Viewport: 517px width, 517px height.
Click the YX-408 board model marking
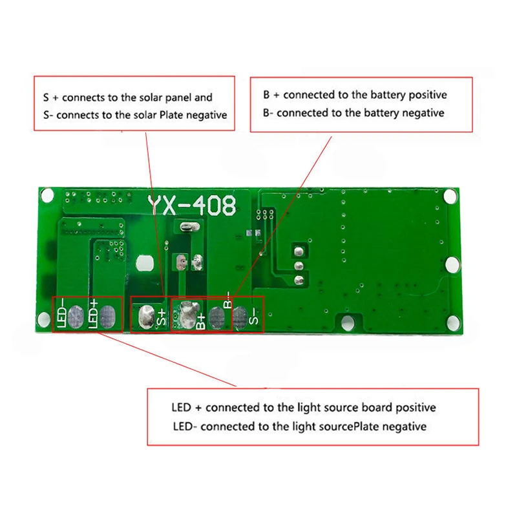click(x=192, y=206)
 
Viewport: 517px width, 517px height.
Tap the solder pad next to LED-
click(x=76, y=317)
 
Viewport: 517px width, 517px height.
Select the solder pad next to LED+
click(x=107, y=317)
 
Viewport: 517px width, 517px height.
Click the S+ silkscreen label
click(x=162, y=317)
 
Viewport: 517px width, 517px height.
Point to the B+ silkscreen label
click(x=200, y=321)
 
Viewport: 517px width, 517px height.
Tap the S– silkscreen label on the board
click(x=253, y=316)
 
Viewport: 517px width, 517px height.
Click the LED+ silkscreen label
click(x=94, y=313)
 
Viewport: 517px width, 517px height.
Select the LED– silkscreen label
click(x=61, y=313)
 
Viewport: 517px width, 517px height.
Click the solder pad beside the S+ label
click(x=147, y=317)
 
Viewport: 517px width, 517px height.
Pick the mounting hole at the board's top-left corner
click(x=47, y=195)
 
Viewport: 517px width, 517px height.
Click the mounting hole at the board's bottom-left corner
click(x=43, y=319)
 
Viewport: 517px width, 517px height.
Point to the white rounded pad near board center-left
click(x=145, y=263)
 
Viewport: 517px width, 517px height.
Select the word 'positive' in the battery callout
click(x=428, y=95)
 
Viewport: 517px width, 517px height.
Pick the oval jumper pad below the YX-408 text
click(x=189, y=227)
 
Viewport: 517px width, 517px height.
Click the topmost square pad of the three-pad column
click(x=299, y=252)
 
